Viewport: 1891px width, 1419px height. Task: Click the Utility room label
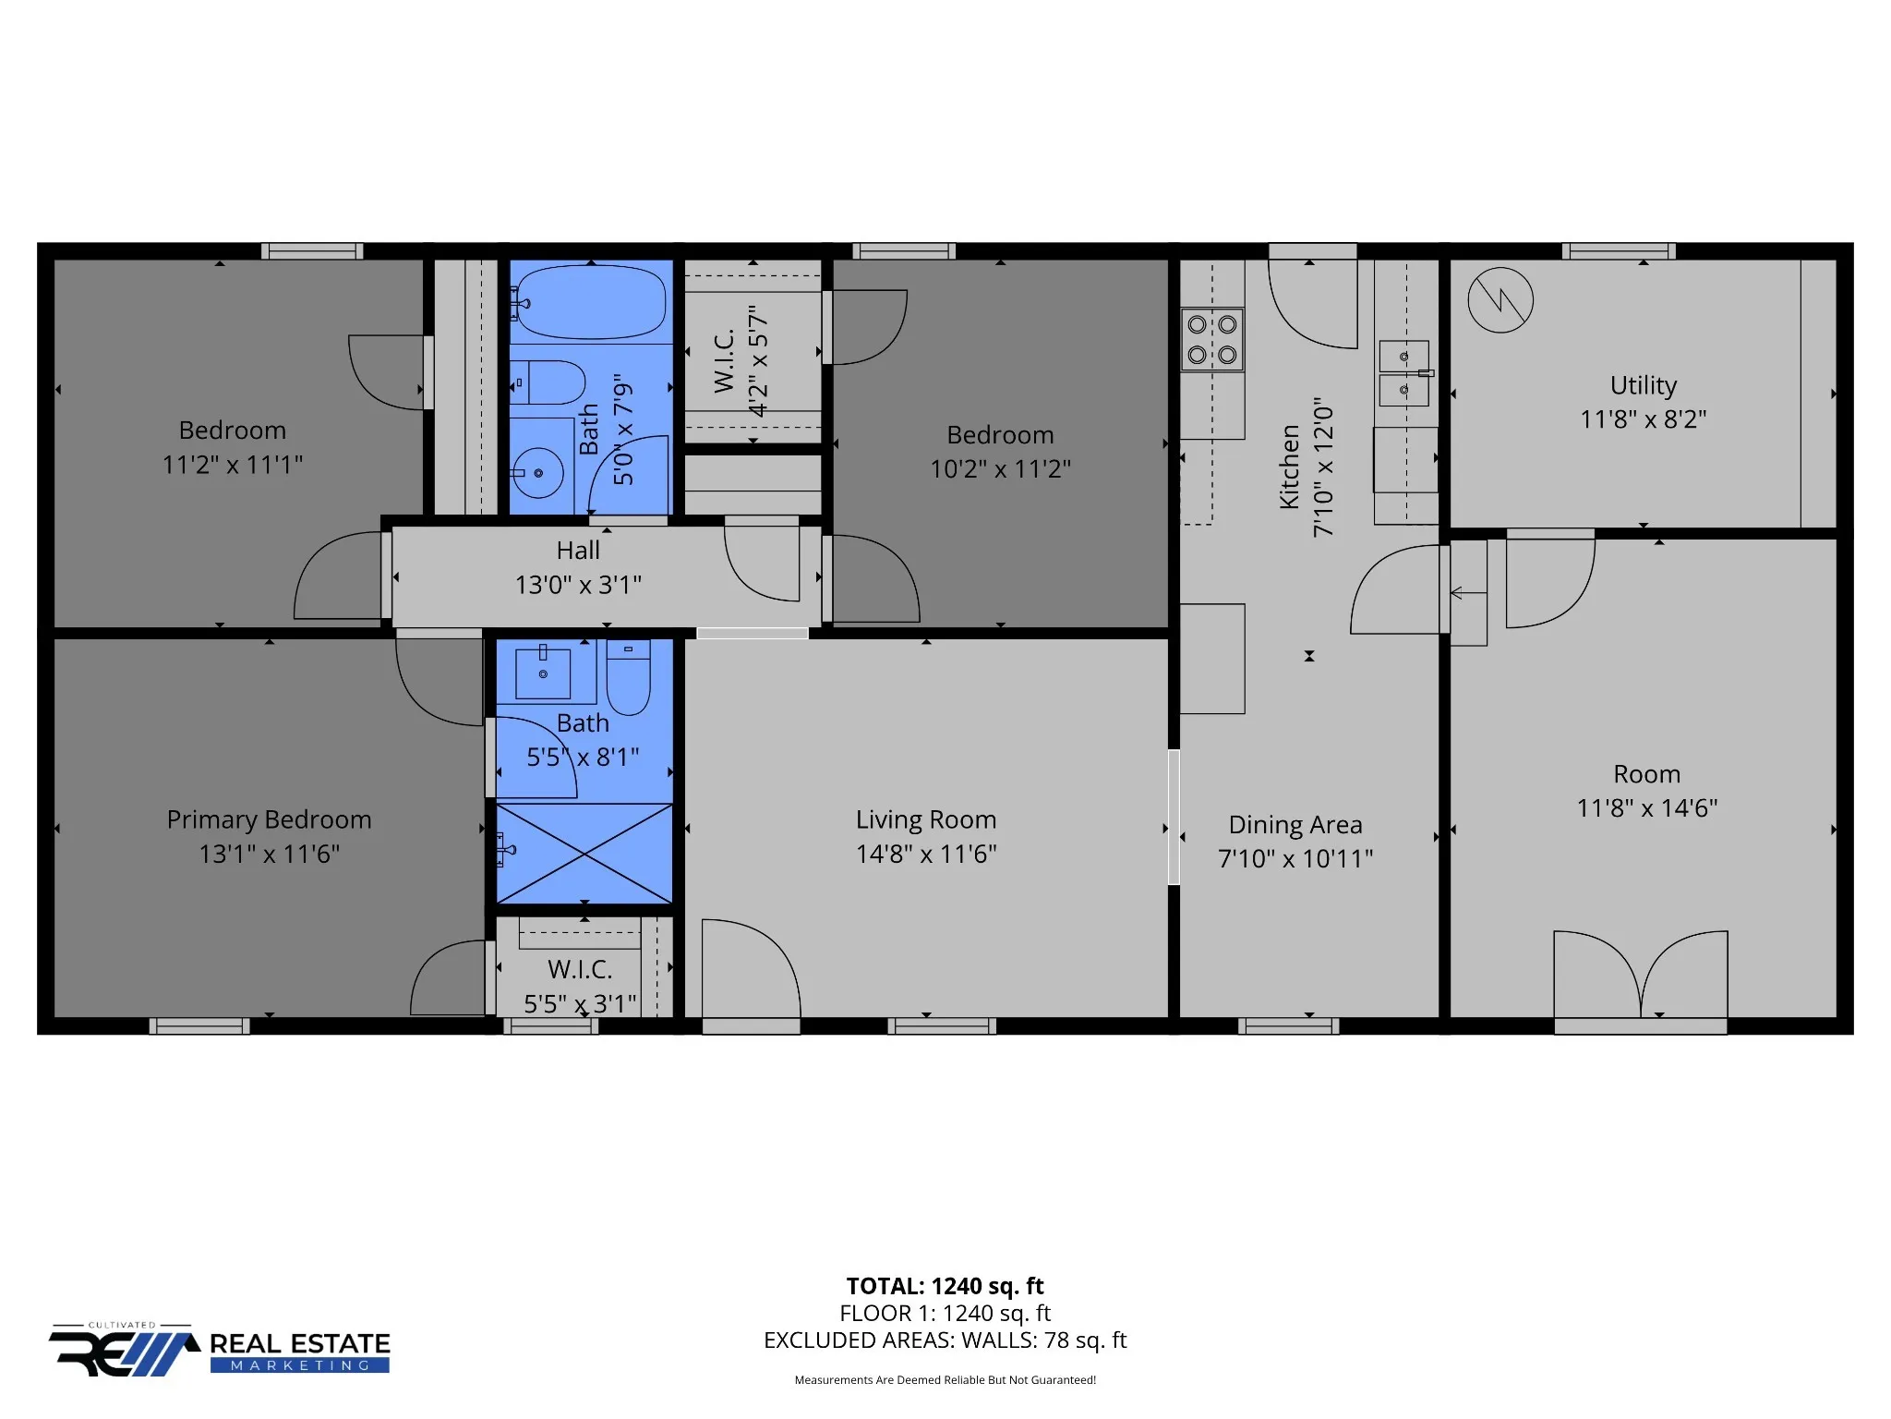point(1644,385)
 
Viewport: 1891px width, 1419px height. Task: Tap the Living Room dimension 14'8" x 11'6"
point(926,854)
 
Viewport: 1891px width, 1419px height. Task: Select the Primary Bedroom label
point(269,819)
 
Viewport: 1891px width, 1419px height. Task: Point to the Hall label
point(578,550)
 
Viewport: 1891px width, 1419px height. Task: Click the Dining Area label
point(1295,824)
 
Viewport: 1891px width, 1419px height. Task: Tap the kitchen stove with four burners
point(1212,339)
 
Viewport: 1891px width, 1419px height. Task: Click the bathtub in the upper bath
point(589,302)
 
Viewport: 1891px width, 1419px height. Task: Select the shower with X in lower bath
point(584,854)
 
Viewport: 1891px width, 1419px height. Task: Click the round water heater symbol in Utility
point(1500,300)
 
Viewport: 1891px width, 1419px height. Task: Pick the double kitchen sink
point(1404,373)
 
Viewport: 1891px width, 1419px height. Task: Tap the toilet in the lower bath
point(629,677)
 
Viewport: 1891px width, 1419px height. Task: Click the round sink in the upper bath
point(538,473)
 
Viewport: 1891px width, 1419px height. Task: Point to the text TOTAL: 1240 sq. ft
point(945,1286)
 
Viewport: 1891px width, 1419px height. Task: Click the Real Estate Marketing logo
point(220,1350)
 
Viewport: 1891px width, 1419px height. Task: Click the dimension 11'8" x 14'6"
point(1647,808)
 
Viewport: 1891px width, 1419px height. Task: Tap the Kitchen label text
point(1290,467)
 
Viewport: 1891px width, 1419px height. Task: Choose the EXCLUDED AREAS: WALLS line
point(945,1340)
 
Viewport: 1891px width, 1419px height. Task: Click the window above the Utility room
point(1619,251)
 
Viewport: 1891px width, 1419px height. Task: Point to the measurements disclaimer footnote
point(945,1380)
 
